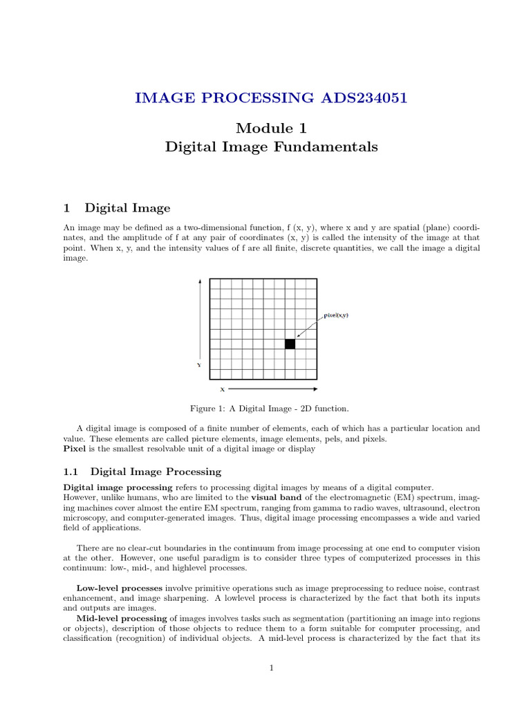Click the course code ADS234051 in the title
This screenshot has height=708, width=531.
tap(364, 97)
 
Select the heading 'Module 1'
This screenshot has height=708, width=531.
tap(271, 128)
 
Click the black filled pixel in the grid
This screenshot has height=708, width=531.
tap(290, 344)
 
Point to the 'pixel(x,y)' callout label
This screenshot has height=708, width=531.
tap(336, 315)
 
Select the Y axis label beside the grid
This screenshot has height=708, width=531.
tap(199, 365)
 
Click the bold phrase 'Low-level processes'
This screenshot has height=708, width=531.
tap(119, 588)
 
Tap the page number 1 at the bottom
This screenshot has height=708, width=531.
tap(272, 668)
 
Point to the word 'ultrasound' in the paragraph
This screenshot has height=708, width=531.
tap(442, 507)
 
